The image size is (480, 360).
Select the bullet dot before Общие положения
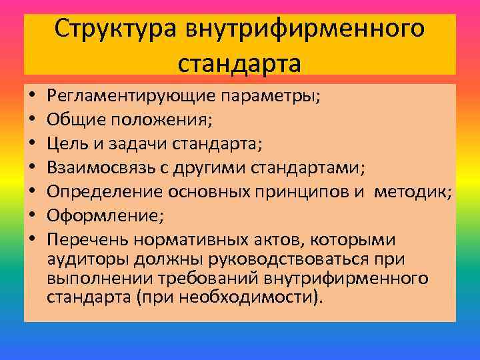point(34,120)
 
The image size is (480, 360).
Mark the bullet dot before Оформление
point(34,216)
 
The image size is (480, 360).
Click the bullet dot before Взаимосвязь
point(34,168)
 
